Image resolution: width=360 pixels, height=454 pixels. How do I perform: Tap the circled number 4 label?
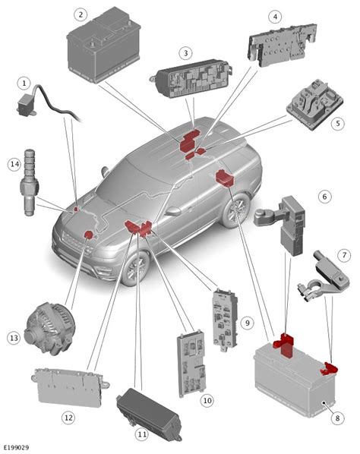(275, 16)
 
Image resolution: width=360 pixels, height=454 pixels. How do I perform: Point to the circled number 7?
(344, 255)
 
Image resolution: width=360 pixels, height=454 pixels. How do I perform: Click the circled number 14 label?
(13, 163)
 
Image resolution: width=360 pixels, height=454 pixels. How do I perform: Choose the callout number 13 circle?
(13, 337)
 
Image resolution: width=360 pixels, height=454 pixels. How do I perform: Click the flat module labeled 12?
(68, 386)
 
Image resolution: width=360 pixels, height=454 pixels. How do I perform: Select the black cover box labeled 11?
(149, 412)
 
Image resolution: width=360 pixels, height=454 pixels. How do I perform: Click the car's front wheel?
(137, 267)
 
